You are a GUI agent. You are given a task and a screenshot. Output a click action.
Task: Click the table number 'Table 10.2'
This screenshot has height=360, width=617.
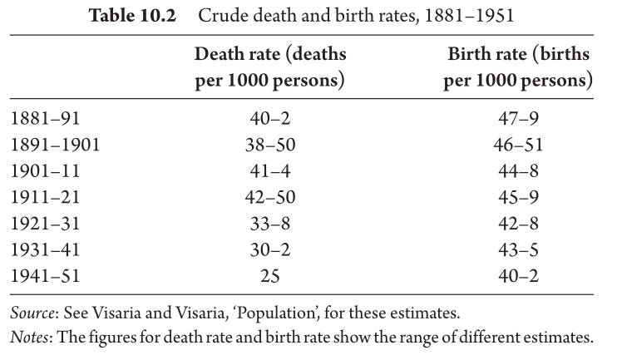(132, 16)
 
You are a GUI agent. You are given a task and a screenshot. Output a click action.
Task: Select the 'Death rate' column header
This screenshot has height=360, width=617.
(270, 67)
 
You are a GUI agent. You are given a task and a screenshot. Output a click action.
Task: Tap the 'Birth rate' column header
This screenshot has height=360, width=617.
(518, 67)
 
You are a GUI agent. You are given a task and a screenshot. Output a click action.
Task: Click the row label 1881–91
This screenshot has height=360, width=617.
(45, 118)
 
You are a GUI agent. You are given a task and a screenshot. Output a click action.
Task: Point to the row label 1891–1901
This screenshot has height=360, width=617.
(55, 145)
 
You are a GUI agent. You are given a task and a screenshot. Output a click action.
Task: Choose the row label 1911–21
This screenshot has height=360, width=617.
(45, 197)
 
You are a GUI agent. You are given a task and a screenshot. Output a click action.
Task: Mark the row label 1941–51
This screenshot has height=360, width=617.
(45, 276)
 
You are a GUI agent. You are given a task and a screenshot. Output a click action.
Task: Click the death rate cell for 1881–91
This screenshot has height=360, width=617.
(270, 118)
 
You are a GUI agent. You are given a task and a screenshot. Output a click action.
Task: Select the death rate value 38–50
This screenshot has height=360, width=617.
(270, 145)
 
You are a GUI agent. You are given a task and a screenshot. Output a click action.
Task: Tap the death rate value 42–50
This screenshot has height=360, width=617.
(270, 197)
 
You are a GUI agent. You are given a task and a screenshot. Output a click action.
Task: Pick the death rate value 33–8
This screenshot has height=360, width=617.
(270, 224)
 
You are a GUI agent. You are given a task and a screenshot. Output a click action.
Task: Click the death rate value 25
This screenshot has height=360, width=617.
(270, 276)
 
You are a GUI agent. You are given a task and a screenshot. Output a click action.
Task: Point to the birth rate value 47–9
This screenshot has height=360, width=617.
(518, 118)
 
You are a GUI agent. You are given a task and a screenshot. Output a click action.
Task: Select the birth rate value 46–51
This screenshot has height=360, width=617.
(518, 145)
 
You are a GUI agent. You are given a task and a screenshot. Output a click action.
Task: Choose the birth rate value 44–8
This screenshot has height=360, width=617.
(518, 171)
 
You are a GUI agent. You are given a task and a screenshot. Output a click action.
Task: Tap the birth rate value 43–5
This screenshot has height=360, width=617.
(518, 249)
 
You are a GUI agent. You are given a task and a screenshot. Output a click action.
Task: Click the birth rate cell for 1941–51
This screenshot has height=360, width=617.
(518, 276)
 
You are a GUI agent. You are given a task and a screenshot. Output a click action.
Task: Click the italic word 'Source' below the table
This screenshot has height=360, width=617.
(32, 313)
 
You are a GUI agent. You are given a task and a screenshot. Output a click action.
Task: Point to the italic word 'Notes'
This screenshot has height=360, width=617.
(29, 338)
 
